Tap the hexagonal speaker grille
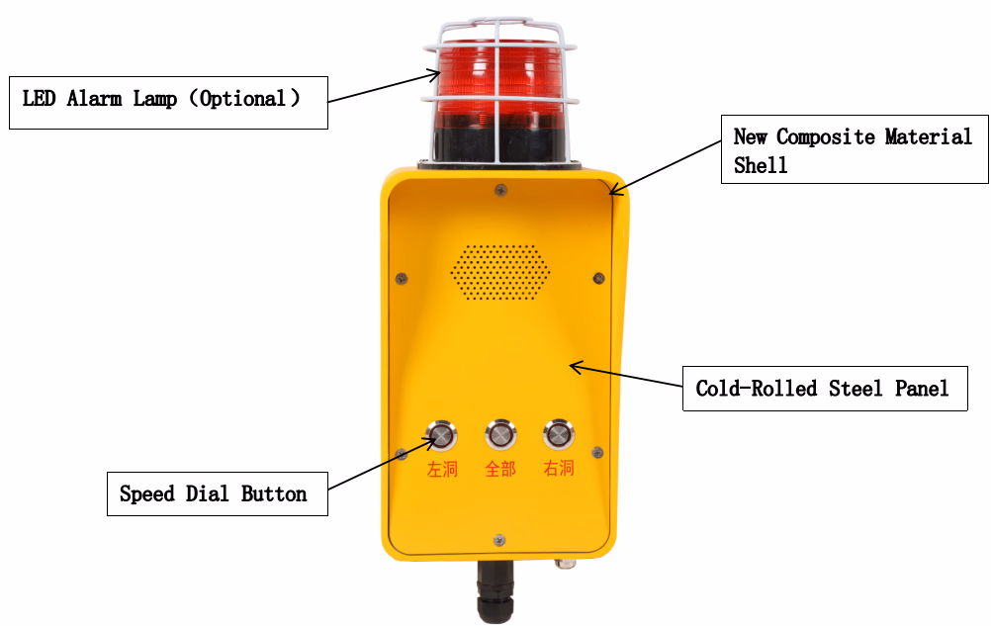499,272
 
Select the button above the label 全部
500,434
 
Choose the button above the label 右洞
559,434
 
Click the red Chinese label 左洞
442,470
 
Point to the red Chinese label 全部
500,470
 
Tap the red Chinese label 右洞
560,468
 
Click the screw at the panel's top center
500,189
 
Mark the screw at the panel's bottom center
499,540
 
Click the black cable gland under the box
495,590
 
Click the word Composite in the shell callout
826,136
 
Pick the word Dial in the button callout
208,493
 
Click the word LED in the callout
40,99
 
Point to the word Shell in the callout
761,165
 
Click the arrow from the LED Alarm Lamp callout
384,87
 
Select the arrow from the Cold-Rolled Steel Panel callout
626,375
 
